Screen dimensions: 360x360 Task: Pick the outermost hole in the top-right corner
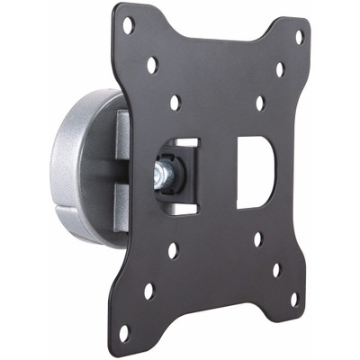coord(299,38)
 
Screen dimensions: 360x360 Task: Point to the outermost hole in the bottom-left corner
coord(123,332)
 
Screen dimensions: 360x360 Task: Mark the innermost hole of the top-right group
coord(259,103)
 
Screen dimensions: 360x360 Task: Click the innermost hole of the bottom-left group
coord(173,250)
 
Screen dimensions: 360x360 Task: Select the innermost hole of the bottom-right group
coord(257,239)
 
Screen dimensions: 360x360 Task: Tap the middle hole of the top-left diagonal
coord(152,65)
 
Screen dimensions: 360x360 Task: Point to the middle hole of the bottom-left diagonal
coord(148,291)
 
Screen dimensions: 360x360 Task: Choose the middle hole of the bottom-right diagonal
coord(276,268)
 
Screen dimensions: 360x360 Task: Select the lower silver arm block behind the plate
coord(121,202)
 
